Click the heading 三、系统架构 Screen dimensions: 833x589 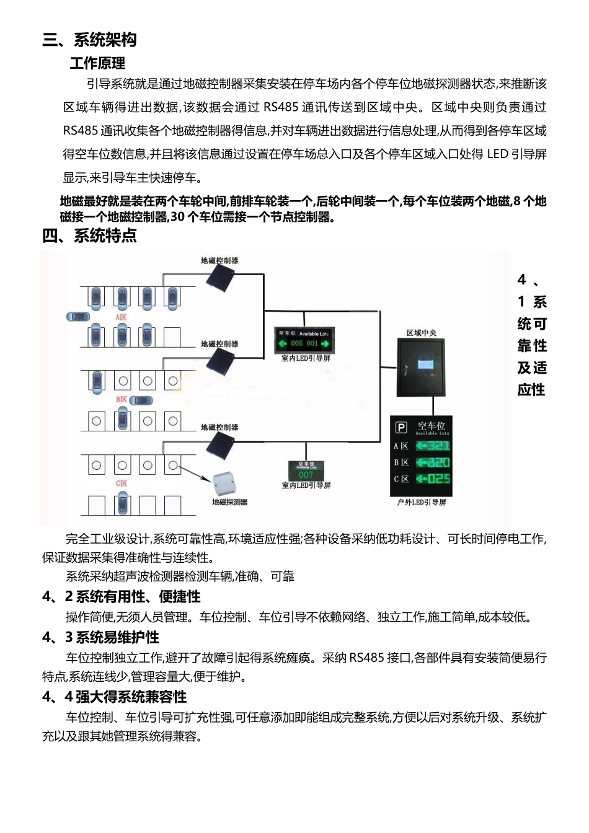tap(89, 40)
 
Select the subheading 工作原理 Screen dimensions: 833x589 tap(97, 63)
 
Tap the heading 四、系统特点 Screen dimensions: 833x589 tap(89, 236)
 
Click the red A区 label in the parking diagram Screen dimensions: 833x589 tap(121, 317)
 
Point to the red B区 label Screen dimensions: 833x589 tap(122, 400)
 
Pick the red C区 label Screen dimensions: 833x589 tap(122, 483)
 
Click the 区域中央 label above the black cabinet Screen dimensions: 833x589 tap(421, 333)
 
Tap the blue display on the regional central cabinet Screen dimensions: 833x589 tap(426, 365)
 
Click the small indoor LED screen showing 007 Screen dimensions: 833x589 tap(306, 471)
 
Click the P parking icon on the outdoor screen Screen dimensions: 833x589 tap(401, 428)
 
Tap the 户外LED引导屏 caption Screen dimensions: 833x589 tap(421, 502)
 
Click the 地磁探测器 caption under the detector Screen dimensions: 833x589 tap(229, 502)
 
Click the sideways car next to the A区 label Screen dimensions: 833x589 tap(78, 317)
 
